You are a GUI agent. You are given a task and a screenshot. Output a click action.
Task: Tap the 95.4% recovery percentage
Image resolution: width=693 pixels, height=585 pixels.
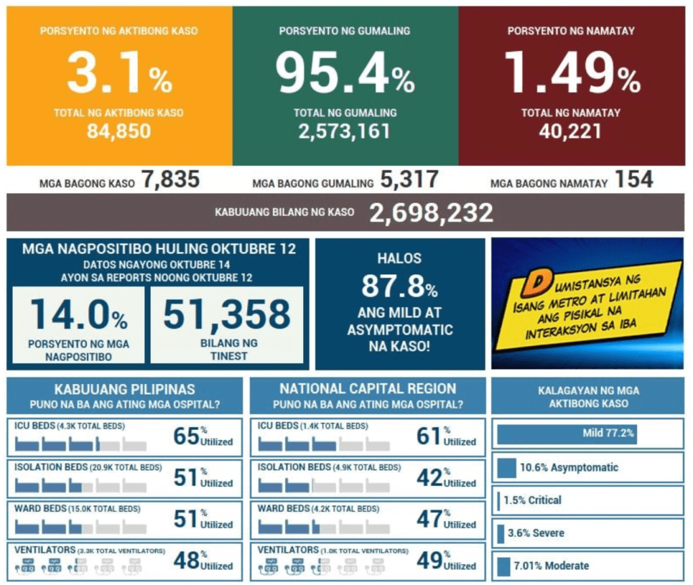[x=344, y=75]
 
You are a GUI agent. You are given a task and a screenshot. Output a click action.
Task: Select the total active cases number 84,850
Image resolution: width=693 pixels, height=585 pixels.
[x=118, y=131]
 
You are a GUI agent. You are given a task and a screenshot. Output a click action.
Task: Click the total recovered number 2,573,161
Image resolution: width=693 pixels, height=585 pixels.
[x=344, y=131]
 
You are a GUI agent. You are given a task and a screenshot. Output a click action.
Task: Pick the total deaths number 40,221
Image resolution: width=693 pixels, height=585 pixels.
[x=570, y=131]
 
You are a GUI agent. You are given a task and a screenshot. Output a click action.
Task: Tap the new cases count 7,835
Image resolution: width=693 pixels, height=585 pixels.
[x=170, y=180]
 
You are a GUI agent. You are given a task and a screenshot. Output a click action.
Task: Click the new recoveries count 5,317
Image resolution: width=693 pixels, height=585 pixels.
[x=409, y=180]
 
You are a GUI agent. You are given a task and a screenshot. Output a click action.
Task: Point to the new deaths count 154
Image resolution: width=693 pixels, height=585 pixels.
[x=634, y=180]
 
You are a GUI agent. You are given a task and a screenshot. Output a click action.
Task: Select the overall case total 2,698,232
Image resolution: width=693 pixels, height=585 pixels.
[x=430, y=213]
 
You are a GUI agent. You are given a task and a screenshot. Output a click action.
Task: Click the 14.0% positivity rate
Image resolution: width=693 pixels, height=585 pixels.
[x=78, y=314]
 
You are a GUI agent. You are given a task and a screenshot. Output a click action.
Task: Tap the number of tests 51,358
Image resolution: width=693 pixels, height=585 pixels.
[x=226, y=314]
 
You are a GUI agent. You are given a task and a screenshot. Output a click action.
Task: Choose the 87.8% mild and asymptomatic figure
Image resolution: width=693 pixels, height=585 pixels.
[x=399, y=286]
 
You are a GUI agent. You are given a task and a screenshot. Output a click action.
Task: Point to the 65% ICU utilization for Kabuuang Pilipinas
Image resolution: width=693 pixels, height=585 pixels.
[x=186, y=436]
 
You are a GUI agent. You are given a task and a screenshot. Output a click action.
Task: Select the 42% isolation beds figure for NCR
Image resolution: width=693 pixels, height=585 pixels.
[x=430, y=478]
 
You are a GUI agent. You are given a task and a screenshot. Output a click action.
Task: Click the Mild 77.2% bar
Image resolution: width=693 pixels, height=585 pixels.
[x=567, y=434]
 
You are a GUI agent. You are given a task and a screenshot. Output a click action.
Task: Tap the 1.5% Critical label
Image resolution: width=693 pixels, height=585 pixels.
[x=532, y=500]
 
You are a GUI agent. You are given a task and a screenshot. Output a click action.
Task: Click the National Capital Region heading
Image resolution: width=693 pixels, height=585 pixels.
[x=367, y=389]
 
